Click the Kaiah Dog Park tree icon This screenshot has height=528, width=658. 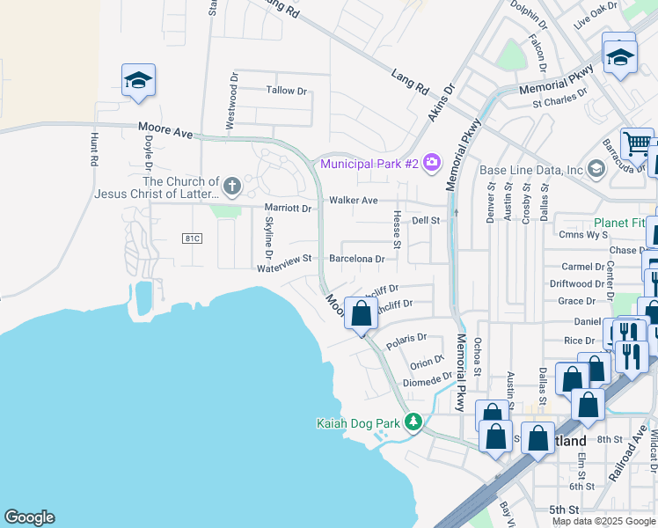(x=413, y=422)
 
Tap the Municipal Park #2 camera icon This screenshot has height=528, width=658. (x=431, y=162)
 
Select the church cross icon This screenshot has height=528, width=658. (x=231, y=186)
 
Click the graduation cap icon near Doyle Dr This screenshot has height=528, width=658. (x=138, y=81)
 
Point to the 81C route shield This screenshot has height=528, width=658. (x=193, y=238)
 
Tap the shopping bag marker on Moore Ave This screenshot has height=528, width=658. (x=361, y=313)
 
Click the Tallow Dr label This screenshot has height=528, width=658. (x=287, y=91)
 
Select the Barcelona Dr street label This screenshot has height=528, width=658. (x=356, y=259)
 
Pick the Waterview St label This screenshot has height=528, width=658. (x=284, y=259)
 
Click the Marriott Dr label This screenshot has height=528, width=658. (x=289, y=209)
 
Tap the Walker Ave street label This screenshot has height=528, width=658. (x=353, y=200)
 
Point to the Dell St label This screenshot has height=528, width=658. (x=425, y=220)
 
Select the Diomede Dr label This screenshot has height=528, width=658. (x=427, y=382)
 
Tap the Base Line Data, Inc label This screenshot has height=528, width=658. (x=531, y=170)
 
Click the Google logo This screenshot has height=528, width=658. (x=29, y=517)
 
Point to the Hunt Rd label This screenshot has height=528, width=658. (x=93, y=150)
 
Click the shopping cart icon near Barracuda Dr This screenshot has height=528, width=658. (x=637, y=143)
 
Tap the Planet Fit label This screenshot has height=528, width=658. (x=624, y=223)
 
